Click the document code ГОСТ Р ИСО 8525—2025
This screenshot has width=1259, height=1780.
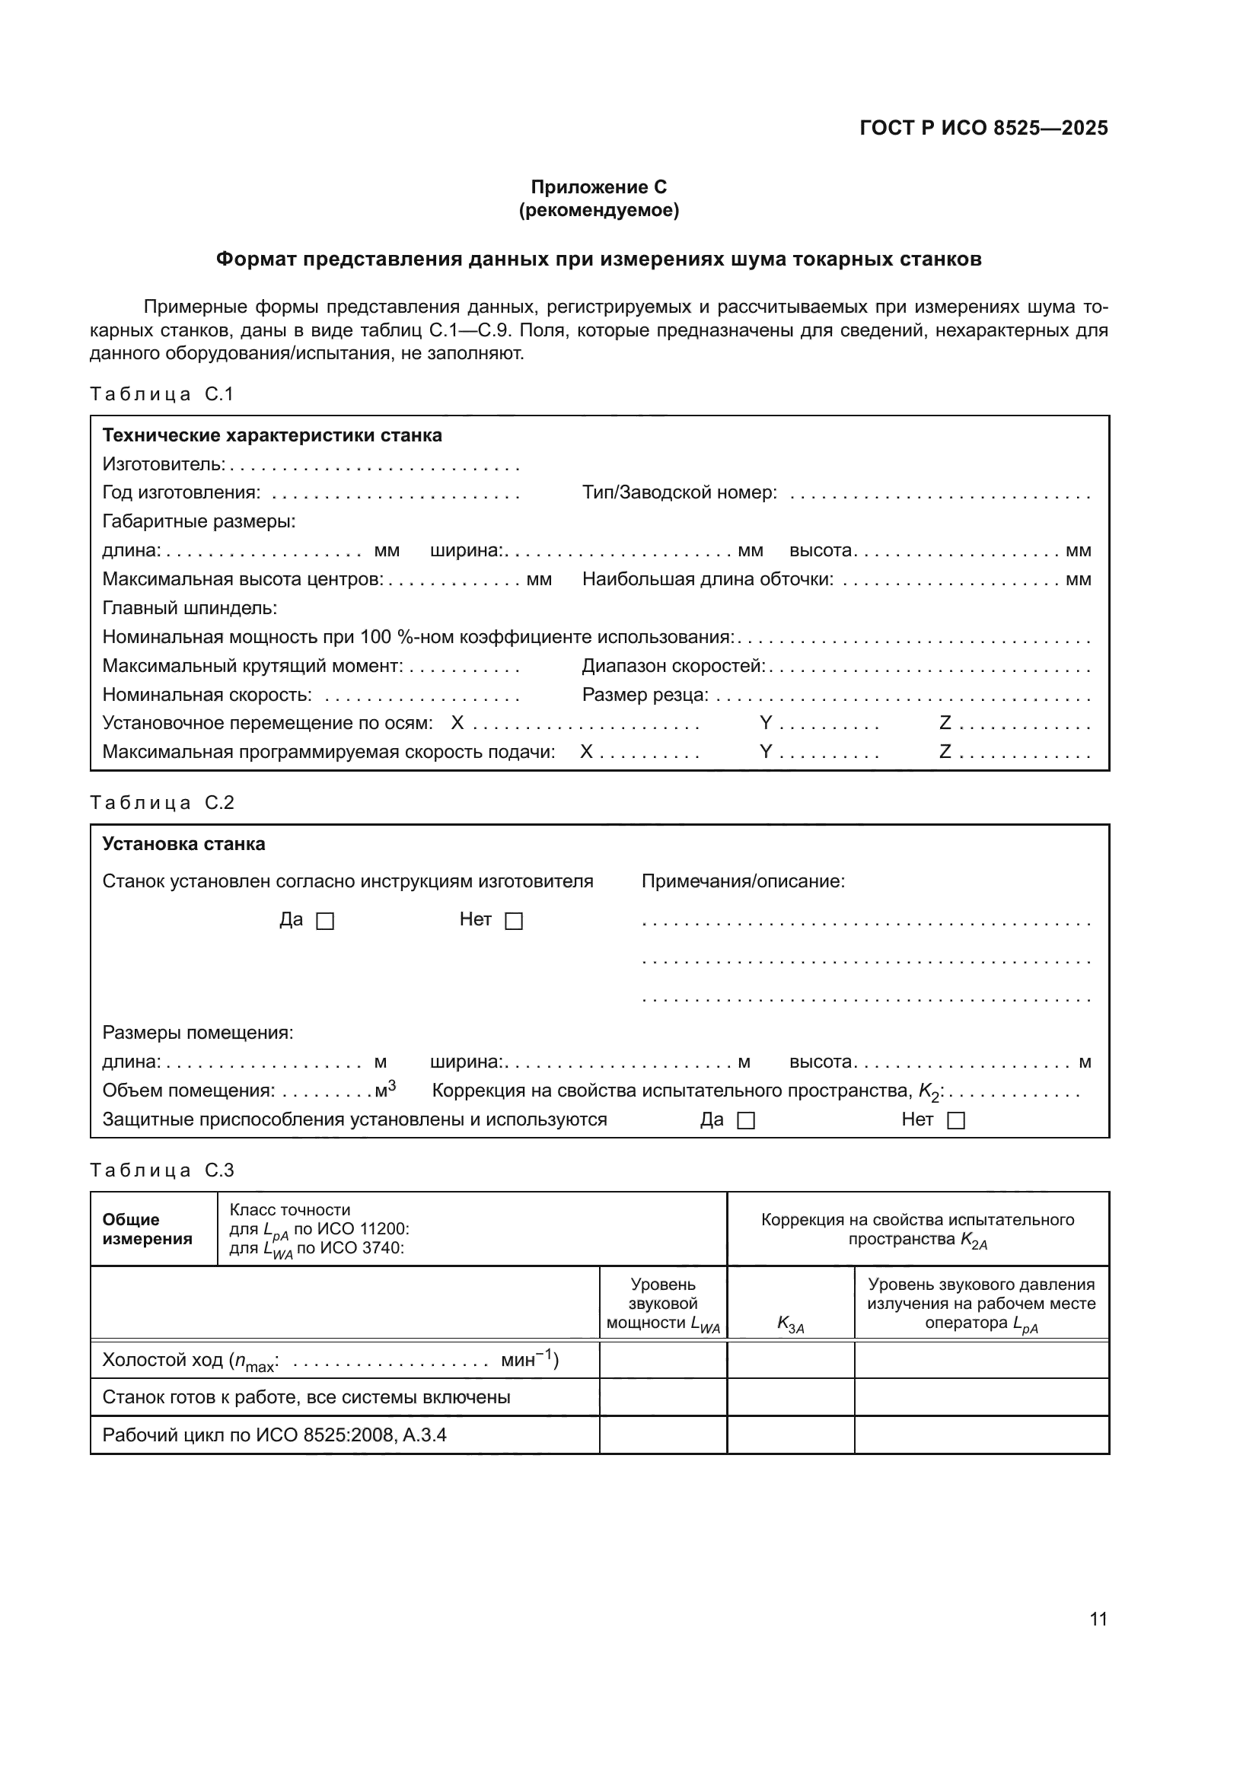pos(983,128)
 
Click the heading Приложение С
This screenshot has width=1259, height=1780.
pos(598,187)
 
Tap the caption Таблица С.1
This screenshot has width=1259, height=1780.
pos(161,394)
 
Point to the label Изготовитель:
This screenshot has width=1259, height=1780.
pos(164,464)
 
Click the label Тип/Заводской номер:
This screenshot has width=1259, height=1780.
pos(679,493)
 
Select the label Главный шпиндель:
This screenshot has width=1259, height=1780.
pos(190,608)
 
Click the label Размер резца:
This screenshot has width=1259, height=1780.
pos(645,695)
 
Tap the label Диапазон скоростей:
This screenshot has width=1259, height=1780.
pos(673,666)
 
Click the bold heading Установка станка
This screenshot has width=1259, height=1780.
pos(183,844)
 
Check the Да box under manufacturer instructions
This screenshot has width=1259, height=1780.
pos(326,921)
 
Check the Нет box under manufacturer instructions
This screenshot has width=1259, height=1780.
pos(514,921)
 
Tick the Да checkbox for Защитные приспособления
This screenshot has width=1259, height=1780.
pos(746,1121)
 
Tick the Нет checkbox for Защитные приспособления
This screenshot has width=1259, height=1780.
pos(957,1121)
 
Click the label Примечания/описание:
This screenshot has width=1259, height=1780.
pos(743,881)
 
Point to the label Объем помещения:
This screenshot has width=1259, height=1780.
pos(188,1091)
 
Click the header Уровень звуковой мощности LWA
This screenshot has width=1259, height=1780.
pos(663,1304)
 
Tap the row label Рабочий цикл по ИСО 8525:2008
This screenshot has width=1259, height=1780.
pos(275,1435)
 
